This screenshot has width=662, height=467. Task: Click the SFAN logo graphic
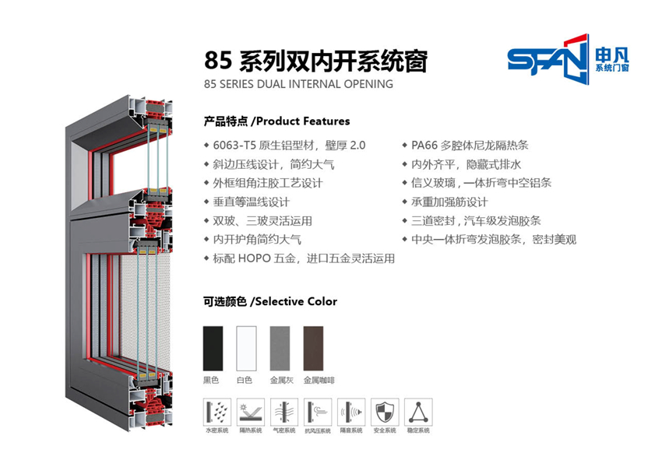pos(548,59)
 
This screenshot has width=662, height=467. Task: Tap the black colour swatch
pos(213,349)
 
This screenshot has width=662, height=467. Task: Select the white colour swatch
pos(247,349)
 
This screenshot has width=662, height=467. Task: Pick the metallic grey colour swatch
pos(280,349)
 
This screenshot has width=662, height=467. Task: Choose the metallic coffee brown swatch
pos(313,349)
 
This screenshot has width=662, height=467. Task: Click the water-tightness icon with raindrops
pos(217,413)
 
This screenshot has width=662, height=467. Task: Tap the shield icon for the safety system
pos(385,413)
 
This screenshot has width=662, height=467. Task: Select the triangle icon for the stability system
pos(418,413)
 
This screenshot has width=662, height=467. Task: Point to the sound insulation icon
pos(351,413)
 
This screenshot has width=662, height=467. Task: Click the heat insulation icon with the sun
pos(250,413)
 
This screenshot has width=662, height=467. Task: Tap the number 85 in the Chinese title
pos(218,61)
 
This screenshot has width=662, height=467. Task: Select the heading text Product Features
pos(303,121)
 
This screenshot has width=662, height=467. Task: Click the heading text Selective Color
pos(296,302)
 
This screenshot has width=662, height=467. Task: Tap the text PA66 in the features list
pos(424,146)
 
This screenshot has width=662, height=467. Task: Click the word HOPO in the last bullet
pos(254,258)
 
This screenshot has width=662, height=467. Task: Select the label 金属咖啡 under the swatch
pos(319,381)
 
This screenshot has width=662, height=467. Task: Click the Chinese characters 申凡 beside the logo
pos(612,55)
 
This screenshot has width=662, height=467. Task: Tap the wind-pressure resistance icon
pos(318,413)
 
